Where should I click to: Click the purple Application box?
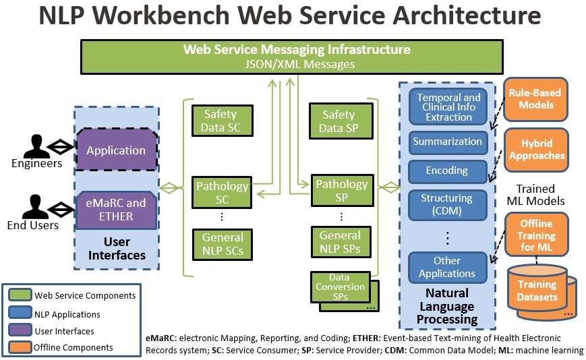pyautogui.click(x=116, y=150)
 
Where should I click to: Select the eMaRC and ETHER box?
pyautogui.click(x=116, y=210)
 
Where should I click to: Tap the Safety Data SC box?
pyautogui.click(x=221, y=121)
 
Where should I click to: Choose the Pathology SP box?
pyautogui.click(x=342, y=191)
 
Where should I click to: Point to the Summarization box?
pyautogui.click(x=448, y=142)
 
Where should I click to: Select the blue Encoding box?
pyautogui.click(x=448, y=171)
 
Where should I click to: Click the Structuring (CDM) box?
pyautogui.click(x=448, y=205)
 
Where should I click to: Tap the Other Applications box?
pyautogui.click(x=448, y=267)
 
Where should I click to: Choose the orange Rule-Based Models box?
pyautogui.click(x=536, y=100)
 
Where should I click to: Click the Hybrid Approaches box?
pyautogui.click(x=536, y=150)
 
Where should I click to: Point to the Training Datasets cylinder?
pyautogui.click(x=537, y=292)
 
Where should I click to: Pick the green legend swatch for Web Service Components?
pyautogui.click(x=20, y=295)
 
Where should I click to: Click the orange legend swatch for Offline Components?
pyautogui.click(x=20, y=348)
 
